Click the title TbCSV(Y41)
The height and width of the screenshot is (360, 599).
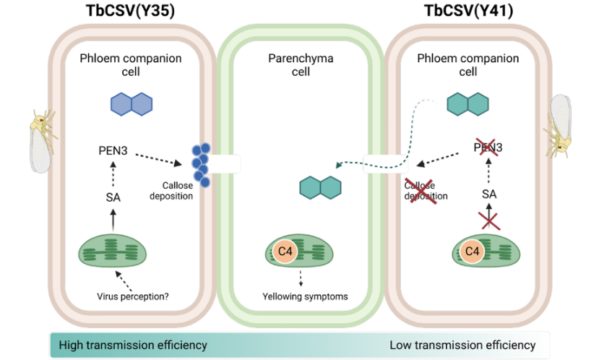pyautogui.click(x=473, y=11)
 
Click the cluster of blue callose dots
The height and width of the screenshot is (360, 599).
pyautogui.click(x=201, y=163)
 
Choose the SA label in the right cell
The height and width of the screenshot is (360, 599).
pyautogui.click(x=490, y=193)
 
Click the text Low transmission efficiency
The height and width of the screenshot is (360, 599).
pyautogui.click(x=462, y=345)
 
